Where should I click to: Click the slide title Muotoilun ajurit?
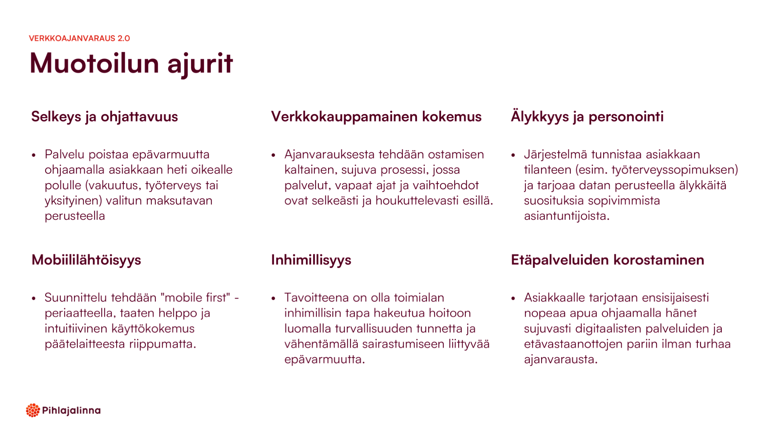[x=131, y=64]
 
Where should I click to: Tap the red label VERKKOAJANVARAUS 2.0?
[x=79, y=38]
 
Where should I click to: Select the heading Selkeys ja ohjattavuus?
[x=105, y=117]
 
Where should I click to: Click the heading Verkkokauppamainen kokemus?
[x=376, y=117]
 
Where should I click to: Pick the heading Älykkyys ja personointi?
[x=587, y=116]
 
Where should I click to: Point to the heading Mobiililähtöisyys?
[x=86, y=260]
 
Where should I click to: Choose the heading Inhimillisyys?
[x=311, y=260]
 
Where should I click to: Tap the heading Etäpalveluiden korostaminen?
[x=607, y=260]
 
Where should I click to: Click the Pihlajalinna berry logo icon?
[x=33, y=410]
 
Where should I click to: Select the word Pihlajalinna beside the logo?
[x=71, y=411]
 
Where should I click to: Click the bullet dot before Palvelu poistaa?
[x=34, y=155]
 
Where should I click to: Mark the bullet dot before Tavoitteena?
[x=274, y=298]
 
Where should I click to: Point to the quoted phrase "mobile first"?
[x=195, y=297]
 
